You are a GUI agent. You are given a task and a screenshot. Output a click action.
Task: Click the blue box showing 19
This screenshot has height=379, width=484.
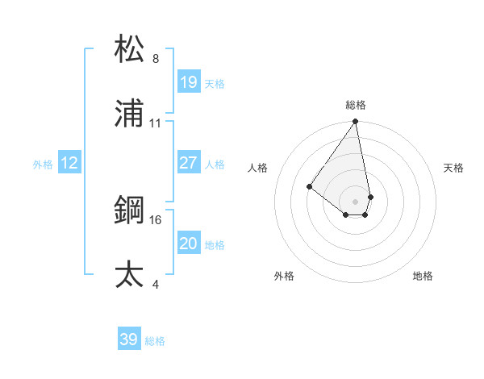pyautogui.click(x=189, y=82)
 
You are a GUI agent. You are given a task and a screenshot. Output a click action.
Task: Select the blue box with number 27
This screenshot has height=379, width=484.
pyautogui.click(x=189, y=163)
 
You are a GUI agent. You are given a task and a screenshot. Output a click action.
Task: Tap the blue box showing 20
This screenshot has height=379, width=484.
pyautogui.click(x=189, y=243)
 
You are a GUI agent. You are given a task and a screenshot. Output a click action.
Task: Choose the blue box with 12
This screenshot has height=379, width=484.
pyautogui.click(x=69, y=163)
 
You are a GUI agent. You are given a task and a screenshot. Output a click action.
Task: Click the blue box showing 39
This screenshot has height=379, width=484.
pyautogui.click(x=129, y=339)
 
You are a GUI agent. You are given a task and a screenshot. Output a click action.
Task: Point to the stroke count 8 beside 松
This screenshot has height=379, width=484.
pyautogui.click(x=156, y=59)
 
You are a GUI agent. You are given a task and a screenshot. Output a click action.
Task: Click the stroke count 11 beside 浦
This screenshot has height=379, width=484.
pyautogui.click(x=156, y=123)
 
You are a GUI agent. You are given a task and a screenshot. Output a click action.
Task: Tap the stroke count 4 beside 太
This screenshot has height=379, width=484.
pyautogui.click(x=156, y=284)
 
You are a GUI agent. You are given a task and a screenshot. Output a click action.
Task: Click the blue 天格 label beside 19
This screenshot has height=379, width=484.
pyautogui.click(x=215, y=83)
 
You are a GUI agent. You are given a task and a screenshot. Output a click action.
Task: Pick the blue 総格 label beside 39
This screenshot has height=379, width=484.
pyautogui.click(x=155, y=340)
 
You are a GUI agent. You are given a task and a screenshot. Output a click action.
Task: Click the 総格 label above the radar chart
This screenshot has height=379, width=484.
pyautogui.click(x=356, y=105)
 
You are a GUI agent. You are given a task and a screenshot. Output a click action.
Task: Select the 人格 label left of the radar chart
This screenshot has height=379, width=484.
pyautogui.click(x=258, y=168)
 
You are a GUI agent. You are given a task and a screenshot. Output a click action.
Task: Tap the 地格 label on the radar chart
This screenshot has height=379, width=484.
pyautogui.click(x=423, y=276)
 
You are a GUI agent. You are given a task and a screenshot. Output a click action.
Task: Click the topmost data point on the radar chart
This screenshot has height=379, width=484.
pyautogui.click(x=355, y=122)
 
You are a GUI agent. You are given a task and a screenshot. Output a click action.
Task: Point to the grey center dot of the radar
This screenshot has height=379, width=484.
pyautogui.click(x=355, y=201)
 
